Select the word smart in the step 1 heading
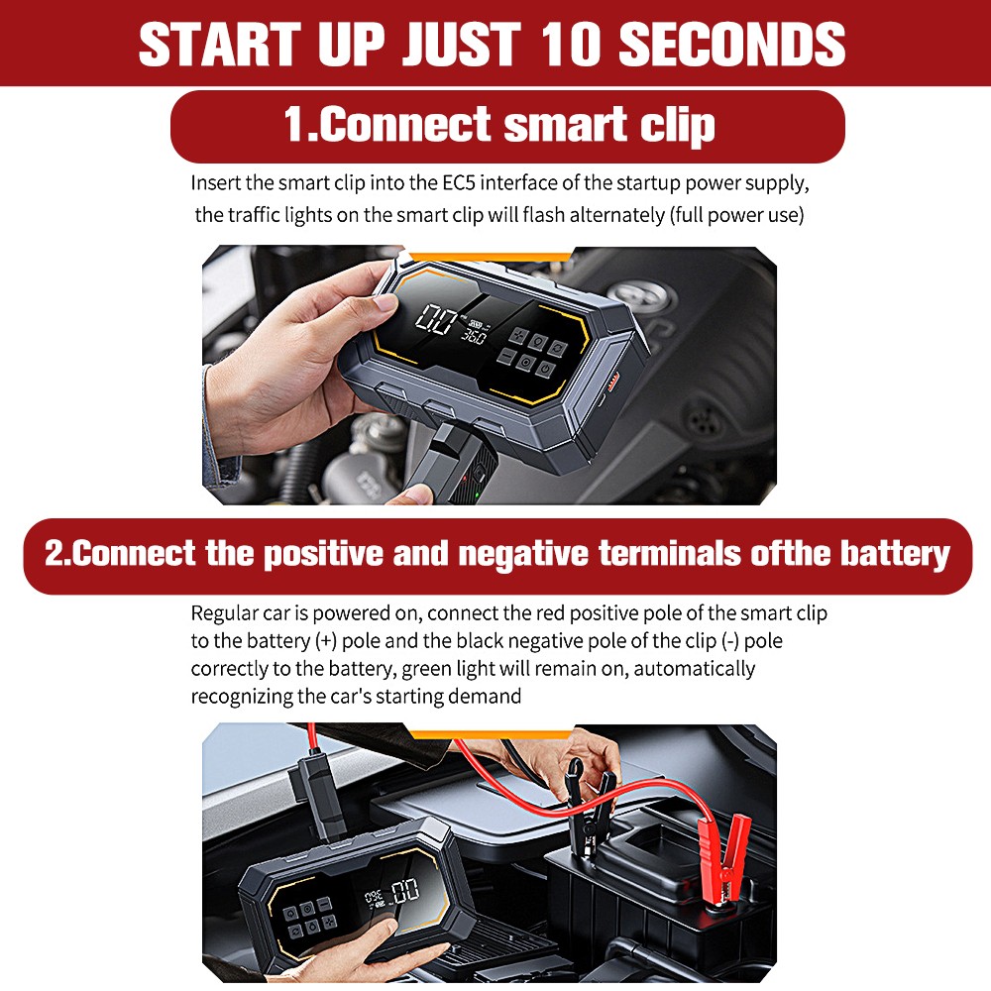[564, 126]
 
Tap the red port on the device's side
[611, 380]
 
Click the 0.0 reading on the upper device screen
[437, 320]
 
